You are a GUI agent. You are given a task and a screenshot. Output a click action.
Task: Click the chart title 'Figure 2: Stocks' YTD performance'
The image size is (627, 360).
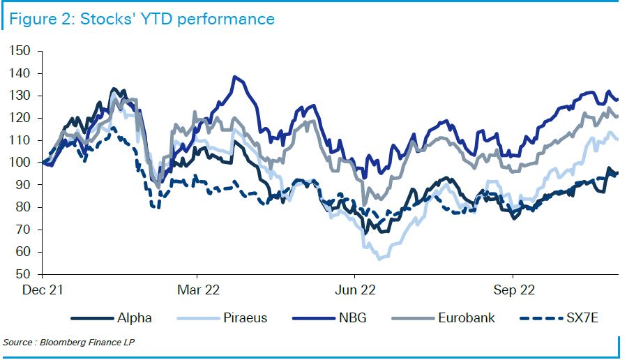[142, 19]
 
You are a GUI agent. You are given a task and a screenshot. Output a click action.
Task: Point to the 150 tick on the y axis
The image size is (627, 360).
[21, 51]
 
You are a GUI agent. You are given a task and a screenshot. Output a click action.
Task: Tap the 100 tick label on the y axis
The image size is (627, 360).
[21, 163]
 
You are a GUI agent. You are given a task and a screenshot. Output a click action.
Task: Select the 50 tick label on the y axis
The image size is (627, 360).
[24, 274]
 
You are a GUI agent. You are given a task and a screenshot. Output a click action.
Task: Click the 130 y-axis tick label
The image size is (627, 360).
[21, 96]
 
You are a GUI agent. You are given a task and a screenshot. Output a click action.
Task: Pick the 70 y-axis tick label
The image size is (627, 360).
[24, 230]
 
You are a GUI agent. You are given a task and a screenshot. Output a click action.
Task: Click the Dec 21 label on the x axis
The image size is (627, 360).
[43, 290]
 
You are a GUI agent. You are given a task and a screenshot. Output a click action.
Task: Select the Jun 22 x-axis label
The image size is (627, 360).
[355, 290]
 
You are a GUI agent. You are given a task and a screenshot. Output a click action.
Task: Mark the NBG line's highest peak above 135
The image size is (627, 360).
[235, 77]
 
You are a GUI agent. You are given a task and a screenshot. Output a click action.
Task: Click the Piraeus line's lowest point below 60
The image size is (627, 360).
[379, 259]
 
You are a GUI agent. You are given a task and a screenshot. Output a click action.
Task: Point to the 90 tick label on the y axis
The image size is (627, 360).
[24, 185]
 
